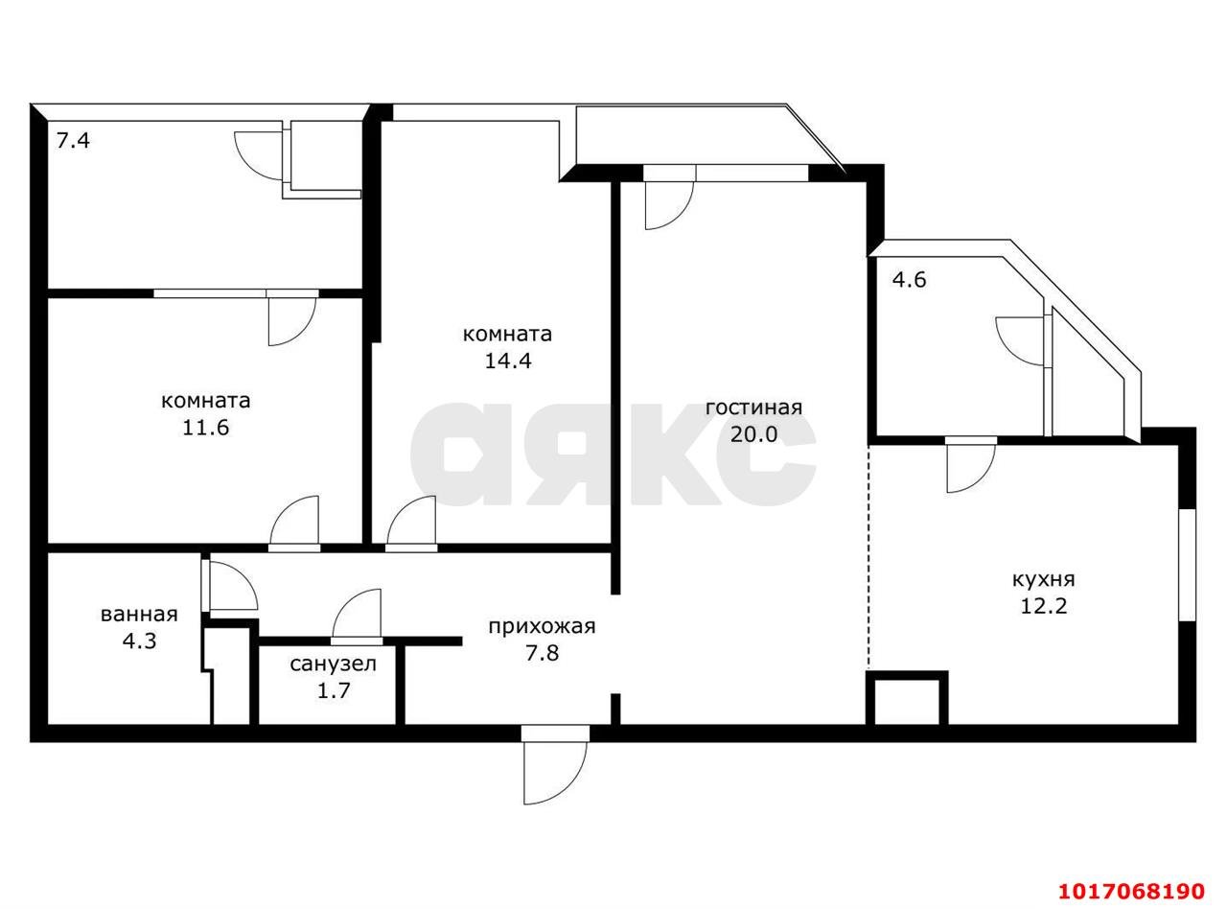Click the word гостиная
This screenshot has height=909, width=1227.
coord(753,408)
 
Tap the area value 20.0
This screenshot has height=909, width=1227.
coord(753,434)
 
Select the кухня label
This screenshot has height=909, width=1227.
coord(1043,580)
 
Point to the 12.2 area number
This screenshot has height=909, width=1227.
coord(1043,607)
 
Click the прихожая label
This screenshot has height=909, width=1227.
coord(542,627)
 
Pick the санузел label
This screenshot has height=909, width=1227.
coord(333,664)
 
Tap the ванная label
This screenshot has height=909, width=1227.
coord(139,615)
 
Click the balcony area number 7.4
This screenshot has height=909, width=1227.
coord(73,141)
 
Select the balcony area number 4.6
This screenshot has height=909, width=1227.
coord(909,280)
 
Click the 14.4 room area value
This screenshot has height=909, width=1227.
coord(508,361)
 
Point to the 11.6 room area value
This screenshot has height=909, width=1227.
coord(206,428)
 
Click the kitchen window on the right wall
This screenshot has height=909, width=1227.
coord(1187,565)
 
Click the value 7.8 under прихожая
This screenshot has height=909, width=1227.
coord(542,653)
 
